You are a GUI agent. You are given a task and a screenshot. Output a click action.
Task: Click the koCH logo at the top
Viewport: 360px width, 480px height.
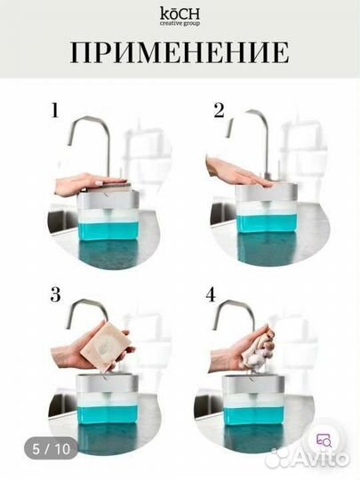(180, 17)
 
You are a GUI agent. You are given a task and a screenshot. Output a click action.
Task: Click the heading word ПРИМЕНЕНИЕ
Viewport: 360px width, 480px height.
(180, 52)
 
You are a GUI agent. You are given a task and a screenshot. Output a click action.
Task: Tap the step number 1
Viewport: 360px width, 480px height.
(55, 110)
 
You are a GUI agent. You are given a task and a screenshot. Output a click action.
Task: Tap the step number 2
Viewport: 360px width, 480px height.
(219, 110)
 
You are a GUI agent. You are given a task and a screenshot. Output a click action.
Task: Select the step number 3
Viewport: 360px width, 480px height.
(55, 295)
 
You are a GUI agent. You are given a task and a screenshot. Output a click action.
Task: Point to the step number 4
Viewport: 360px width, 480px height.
(211, 295)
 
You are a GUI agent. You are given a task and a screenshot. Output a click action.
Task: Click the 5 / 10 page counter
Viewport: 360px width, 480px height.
(52, 449)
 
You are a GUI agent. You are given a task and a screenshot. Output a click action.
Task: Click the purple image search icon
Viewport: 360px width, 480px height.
(324, 440)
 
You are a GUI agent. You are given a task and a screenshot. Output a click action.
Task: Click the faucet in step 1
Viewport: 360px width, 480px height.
(91, 147)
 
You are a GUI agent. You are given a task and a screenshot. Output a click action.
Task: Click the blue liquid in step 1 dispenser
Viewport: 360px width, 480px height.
(108, 231)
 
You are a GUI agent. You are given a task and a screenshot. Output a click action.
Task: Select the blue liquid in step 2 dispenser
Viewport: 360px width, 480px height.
(268, 224)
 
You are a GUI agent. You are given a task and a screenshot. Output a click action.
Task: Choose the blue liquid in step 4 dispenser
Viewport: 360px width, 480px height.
(253, 414)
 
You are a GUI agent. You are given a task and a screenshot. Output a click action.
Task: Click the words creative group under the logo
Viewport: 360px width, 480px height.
(180, 24)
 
